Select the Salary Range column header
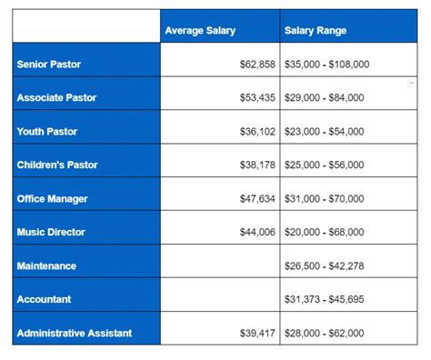(x=316, y=31)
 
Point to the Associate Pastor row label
(x=56, y=97)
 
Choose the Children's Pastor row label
(x=56, y=165)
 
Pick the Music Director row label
(x=51, y=232)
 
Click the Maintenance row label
(x=45, y=265)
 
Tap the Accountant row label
(x=44, y=299)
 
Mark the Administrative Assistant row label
(x=74, y=333)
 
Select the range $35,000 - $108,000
(x=327, y=65)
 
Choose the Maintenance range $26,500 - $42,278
(x=325, y=265)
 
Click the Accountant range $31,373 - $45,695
(x=325, y=299)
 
